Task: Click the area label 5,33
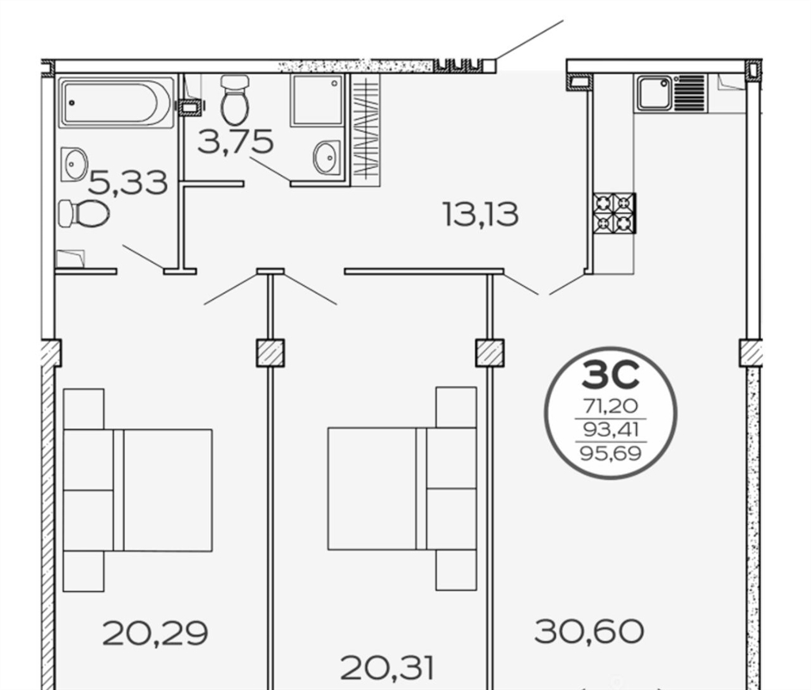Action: (128, 183)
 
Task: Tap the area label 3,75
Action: (235, 141)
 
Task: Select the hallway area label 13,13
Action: (481, 214)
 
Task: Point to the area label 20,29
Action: (155, 633)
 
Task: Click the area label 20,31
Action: (387, 668)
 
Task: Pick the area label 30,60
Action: (589, 631)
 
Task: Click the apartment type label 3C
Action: (611, 375)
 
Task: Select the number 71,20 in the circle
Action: (611, 406)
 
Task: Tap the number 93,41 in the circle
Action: (611, 429)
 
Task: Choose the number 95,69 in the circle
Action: (611, 454)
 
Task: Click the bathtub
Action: (116, 102)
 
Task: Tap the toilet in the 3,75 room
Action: (234, 100)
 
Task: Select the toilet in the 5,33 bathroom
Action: (84, 213)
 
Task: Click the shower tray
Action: (317, 101)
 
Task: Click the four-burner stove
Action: (615, 213)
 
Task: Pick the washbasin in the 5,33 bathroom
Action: (74, 165)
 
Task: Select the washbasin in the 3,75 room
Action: (327, 158)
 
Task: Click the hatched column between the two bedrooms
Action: (271, 353)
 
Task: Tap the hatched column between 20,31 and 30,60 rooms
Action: (489, 353)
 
